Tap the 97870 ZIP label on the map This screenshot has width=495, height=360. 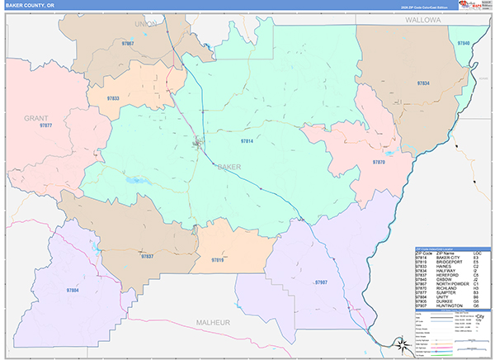(379, 163)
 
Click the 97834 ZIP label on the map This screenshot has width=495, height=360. (424, 84)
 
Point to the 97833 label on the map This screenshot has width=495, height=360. (114, 99)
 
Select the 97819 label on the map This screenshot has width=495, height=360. (218, 260)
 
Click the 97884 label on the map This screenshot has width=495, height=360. (72, 291)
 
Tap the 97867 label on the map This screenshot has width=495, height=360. (127, 43)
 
